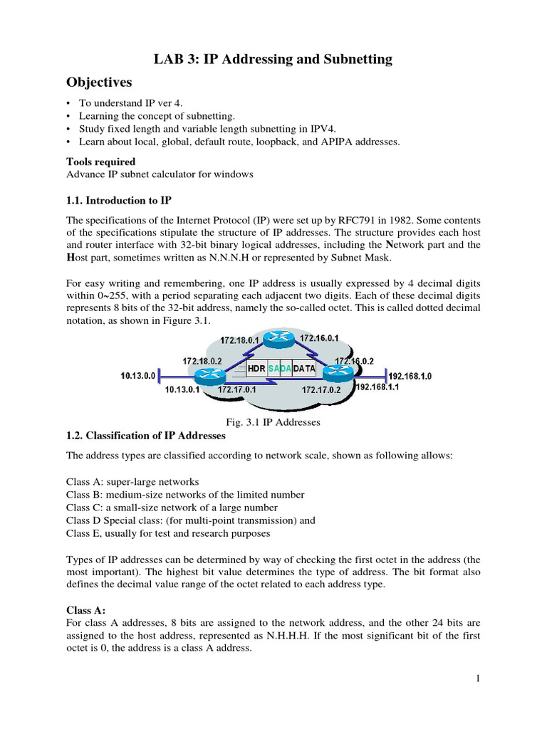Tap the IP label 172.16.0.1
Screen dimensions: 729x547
coord(318,338)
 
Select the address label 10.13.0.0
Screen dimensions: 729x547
coord(137,374)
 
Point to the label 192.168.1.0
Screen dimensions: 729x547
coord(410,375)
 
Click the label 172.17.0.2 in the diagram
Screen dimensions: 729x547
coord(321,390)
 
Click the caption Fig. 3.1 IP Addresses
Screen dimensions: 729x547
coord(273,422)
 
